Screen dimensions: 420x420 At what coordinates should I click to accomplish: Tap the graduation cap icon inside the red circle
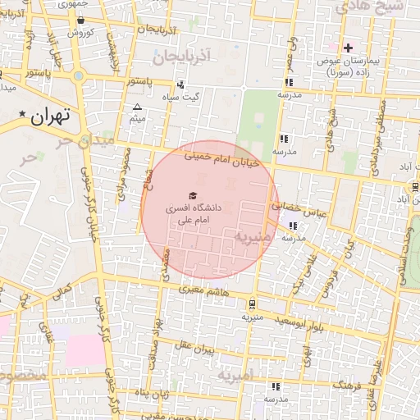192,195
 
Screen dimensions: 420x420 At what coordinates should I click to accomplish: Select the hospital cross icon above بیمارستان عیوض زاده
348,48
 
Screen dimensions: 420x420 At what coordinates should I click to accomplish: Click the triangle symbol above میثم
137,107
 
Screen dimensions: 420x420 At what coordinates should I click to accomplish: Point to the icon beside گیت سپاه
180,84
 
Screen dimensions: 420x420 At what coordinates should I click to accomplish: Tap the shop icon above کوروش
80,20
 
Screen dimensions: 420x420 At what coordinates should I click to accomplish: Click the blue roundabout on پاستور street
79,76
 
